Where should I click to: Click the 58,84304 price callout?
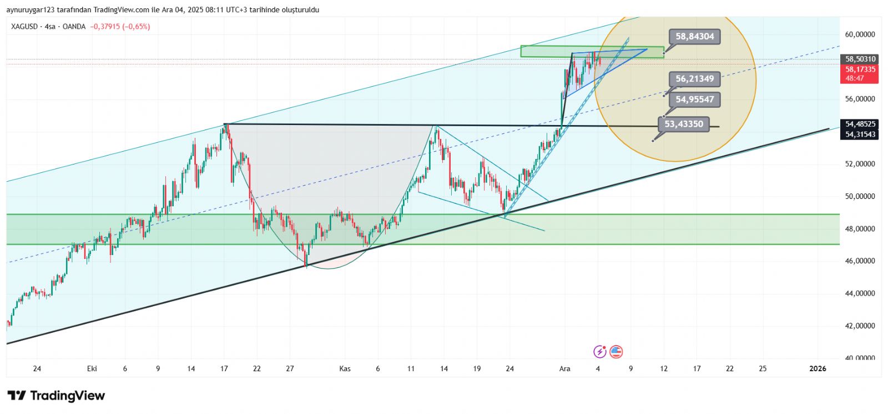(x=694, y=37)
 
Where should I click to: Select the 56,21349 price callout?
(x=694, y=79)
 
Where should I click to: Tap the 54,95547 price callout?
(x=694, y=99)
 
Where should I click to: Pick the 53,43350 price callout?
(x=683, y=124)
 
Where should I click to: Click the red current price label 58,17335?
(x=860, y=69)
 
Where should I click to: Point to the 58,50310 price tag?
(x=860, y=59)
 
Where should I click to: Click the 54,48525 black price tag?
(x=860, y=124)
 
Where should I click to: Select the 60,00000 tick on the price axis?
(x=860, y=34)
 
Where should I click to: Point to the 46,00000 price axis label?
(x=860, y=261)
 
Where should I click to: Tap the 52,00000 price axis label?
(x=860, y=164)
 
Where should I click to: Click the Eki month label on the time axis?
(x=92, y=368)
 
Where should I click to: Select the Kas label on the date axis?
(x=345, y=368)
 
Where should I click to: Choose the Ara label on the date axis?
(x=564, y=368)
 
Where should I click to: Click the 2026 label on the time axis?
(x=818, y=368)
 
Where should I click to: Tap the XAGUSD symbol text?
(x=24, y=27)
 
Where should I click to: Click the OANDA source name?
(x=74, y=27)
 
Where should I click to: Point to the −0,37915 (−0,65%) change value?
(x=120, y=27)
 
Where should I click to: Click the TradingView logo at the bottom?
(x=56, y=396)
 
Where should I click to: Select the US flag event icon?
(x=616, y=351)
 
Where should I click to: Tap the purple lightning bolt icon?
(x=600, y=351)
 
